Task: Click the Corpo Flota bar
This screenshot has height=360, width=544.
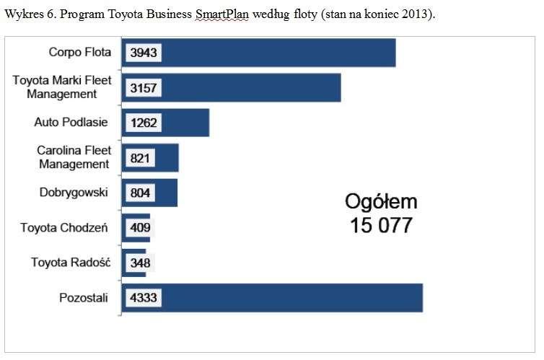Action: pyautogui.click(x=258, y=53)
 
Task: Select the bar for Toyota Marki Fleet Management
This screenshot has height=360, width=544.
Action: pyautogui.click(x=231, y=88)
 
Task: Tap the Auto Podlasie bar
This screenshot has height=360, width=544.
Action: pyautogui.click(x=165, y=123)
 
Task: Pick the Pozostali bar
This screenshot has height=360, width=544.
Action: pyautogui.click(x=272, y=298)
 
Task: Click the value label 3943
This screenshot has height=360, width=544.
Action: pyautogui.click(x=144, y=53)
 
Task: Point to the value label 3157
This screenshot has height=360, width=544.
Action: pyautogui.click(x=144, y=88)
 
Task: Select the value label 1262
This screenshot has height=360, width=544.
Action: pyautogui.click(x=144, y=123)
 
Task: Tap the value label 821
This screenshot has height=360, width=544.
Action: pyautogui.click(x=140, y=158)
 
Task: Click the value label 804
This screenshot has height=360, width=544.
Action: pyautogui.click(x=140, y=193)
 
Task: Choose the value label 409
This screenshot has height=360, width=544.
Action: pyautogui.click(x=140, y=228)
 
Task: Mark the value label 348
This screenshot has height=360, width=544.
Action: pyautogui.click(x=140, y=263)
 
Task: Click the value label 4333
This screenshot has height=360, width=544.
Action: pyautogui.click(x=144, y=298)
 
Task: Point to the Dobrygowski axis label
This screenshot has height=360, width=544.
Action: pyautogui.click(x=74, y=193)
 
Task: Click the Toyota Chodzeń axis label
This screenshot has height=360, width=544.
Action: pyautogui.click(x=63, y=227)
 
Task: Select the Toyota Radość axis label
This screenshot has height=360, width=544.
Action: pyautogui.click(x=71, y=262)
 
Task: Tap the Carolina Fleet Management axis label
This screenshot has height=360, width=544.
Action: pyautogui.click(x=74, y=157)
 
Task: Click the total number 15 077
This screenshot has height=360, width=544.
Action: pyautogui.click(x=381, y=225)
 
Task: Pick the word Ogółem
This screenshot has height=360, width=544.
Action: pyautogui.click(x=381, y=202)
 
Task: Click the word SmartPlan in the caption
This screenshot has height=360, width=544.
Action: pyautogui.click(x=222, y=14)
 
